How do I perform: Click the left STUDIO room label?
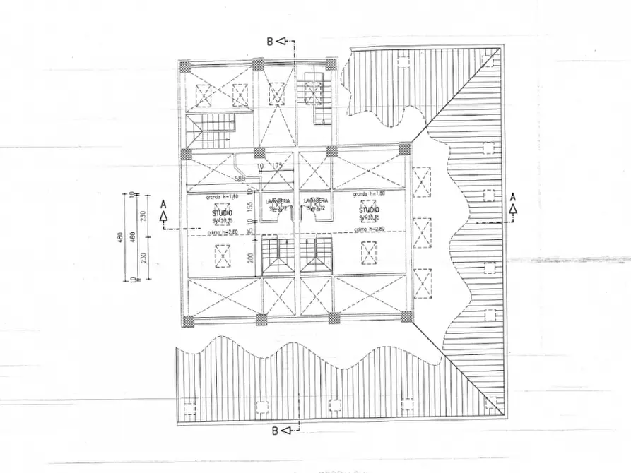(x=222, y=211)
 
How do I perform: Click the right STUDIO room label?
(x=368, y=210)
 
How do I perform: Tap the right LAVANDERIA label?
(x=316, y=201)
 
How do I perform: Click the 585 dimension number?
(x=240, y=178)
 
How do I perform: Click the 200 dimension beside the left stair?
(x=250, y=258)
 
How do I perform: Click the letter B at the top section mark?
(x=269, y=41)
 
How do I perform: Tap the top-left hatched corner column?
(x=184, y=66)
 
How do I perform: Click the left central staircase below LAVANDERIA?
(x=278, y=255)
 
